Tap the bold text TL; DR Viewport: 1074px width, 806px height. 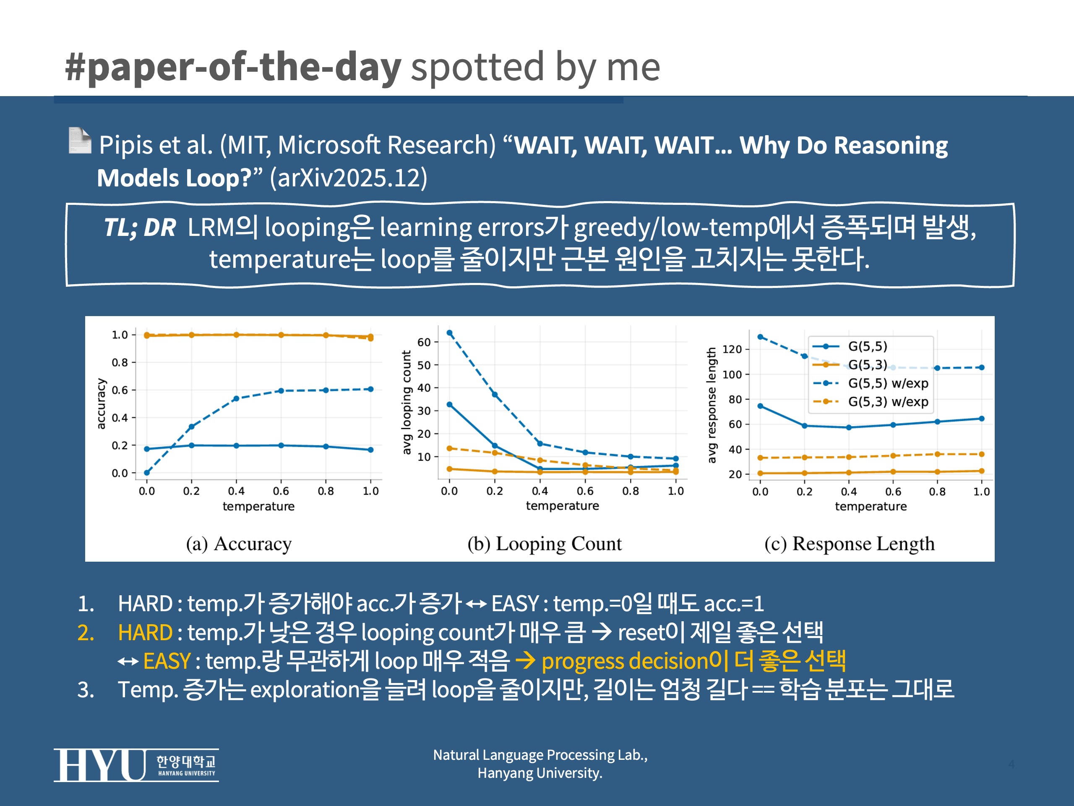[140, 228]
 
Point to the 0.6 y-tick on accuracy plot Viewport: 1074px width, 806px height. [120, 390]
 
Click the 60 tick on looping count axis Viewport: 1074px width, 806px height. [424, 342]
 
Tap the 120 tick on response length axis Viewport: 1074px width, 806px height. [732, 349]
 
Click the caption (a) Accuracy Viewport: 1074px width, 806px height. [239, 544]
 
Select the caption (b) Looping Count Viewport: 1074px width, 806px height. [544, 544]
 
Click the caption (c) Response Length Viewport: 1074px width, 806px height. [849, 544]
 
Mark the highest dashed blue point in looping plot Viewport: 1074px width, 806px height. [450, 333]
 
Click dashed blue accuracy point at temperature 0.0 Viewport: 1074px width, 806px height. [147, 473]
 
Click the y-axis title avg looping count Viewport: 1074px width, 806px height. [407, 403]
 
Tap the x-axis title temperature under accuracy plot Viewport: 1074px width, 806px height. [258, 506]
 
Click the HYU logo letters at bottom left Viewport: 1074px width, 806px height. [99, 765]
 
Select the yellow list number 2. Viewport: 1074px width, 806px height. [86, 633]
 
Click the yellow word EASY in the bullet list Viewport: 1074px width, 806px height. [167, 661]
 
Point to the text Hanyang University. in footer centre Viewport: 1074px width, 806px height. [540, 773]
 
